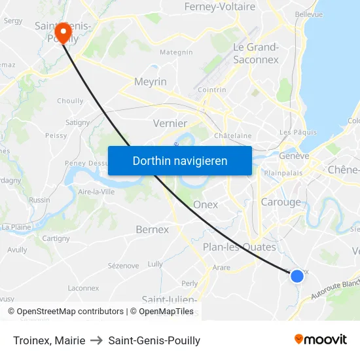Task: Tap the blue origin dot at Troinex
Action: (x=297, y=276)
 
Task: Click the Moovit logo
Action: (x=321, y=339)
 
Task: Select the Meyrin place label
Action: (x=151, y=82)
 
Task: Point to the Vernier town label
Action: (x=170, y=123)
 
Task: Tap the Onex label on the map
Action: (x=206, y=205)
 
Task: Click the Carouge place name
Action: (x=281, y=202)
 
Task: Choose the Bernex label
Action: (x=152, y=230)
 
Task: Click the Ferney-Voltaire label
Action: (x=219, y=7)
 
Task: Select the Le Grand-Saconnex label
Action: (x=256, y=53)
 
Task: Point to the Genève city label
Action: (x=294, y=156)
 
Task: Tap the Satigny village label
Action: (x=77, y=122)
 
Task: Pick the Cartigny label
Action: (x=56, y=238)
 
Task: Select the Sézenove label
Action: (x=123, y=266)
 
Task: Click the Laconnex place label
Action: (x=83, y=288)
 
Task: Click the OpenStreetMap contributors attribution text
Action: (x=70, y=312)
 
